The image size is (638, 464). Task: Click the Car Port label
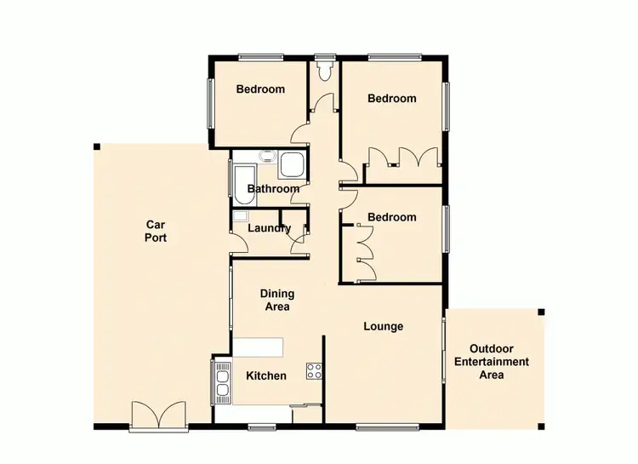[155, 232]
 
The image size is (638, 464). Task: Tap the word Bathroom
[273, 189]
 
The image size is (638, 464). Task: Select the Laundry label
[269, 228]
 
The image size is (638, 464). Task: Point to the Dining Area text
[276, 300]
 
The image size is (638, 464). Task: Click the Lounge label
[383, 326]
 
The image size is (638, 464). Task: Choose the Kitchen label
[265, 375]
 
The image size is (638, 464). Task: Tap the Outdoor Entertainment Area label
[499, 362]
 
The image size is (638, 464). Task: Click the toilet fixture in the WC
[324, 68]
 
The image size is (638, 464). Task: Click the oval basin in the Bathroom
[267, 157]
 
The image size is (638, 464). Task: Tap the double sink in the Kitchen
[223, 381]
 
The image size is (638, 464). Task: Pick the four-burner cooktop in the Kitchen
[314, 370]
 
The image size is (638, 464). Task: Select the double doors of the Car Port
[159, 415]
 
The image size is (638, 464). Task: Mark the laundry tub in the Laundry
[240, 218]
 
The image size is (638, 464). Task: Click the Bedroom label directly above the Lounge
[392, 217]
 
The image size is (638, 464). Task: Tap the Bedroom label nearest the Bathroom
[260, 89]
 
